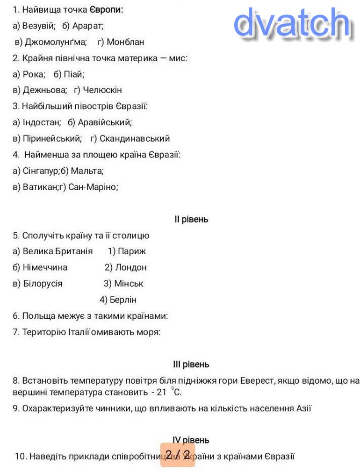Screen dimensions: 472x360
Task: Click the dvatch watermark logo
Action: [292, 22]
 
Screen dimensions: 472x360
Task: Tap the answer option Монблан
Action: [125, 42]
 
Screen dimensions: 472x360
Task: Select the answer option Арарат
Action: [88, 26]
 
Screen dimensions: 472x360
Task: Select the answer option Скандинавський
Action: [135, 138]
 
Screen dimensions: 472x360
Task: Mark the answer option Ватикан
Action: [40, 187]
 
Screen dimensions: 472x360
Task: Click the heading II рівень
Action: [191, 219]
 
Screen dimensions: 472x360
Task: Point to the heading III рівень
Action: [191, 365]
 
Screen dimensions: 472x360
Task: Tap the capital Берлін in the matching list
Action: [123, 300]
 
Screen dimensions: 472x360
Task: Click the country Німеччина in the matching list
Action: [45, 267]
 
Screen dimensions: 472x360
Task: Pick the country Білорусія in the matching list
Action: [43, 284]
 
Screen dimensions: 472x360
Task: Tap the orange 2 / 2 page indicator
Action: [178, 454]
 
